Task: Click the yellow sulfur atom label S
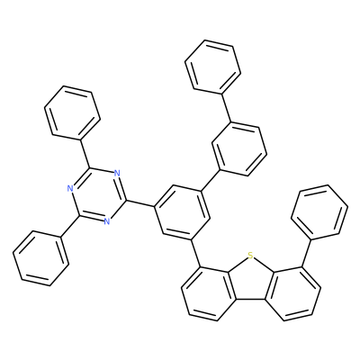coord(251,256)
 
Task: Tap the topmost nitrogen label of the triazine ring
coord(117,173)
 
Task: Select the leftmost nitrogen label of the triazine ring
coord(70,189)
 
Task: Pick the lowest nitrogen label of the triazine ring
coord(107,221)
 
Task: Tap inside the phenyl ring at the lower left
coord(41,258)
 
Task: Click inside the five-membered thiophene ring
coord(251,279)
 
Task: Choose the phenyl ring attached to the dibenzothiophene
coord(319,212)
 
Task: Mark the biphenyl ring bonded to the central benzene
coord(239,148)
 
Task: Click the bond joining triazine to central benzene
coord(140,203)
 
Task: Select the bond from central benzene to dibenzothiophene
coord(196,253)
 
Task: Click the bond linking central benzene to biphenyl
coord(211,180)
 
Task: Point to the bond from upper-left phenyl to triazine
coord(85,154)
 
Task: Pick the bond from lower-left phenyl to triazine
coord(70,226)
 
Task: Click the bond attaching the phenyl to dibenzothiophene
coord(306,253)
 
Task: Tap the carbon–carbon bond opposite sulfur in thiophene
coord(251,299)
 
